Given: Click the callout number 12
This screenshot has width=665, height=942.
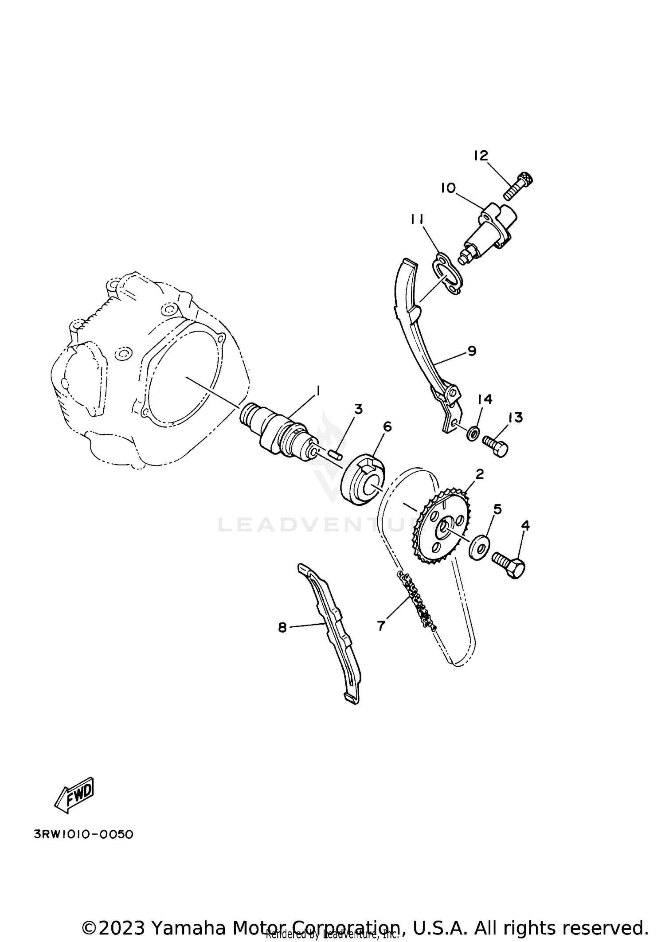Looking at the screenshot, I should (x=481, y=156).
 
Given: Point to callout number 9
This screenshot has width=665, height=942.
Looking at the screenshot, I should (x=471, y=351).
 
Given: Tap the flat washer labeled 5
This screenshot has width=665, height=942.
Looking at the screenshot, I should (x=480, y=548).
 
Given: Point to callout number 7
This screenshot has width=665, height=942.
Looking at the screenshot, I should (x=381, y=625).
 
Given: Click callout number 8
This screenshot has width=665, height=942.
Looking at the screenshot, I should (x=282, y=628).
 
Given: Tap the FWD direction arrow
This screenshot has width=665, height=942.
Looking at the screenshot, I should (x=74, y=795).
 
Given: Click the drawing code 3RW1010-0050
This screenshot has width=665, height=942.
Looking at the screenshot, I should (x=83, y=834).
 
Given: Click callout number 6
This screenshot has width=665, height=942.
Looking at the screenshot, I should (x=387, y=427).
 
